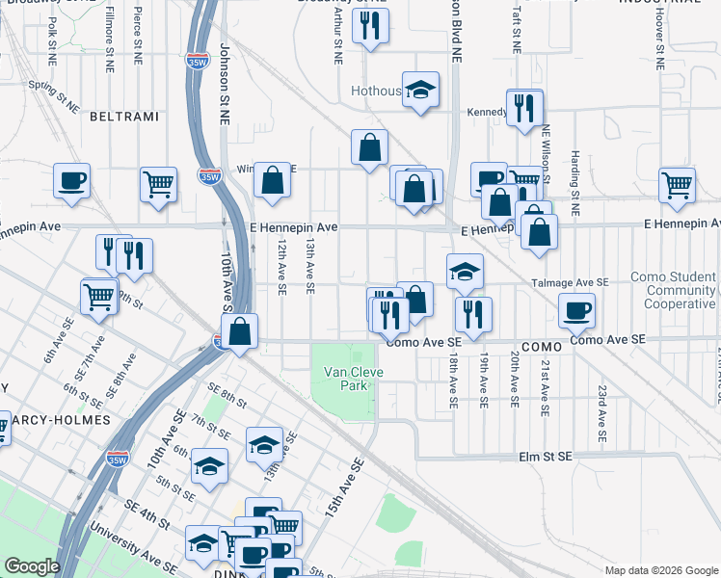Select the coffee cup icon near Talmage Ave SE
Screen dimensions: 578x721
click(x=576, y=309)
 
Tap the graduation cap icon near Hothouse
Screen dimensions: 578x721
click(x=420, y=91)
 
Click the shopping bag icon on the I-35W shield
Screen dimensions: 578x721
click(x=241, y=331)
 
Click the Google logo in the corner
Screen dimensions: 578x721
click(x=32, y=566)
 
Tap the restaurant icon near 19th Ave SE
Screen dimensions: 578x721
click(x=472, y=312)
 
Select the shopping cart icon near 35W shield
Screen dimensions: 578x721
click(x=158, y=183)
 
